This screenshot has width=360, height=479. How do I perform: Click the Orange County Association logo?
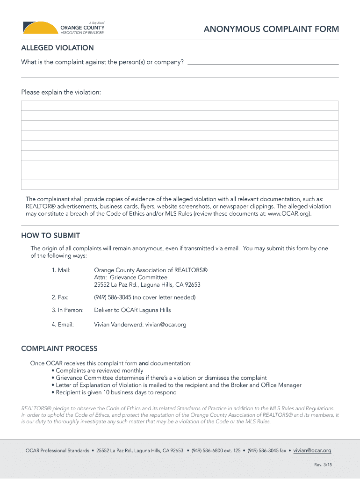pyautogui.click(x=64, y=28)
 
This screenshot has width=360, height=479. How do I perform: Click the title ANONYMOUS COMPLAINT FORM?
pyautogui.click(x=271, y=29)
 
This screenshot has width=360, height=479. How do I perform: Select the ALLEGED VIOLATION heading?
pyautogui.click(x=58, y=48)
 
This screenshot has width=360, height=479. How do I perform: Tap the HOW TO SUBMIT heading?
pyautogui.click(x=50, y=235)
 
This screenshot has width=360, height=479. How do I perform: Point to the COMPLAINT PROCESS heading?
pyautogui.click(x=59, y=348)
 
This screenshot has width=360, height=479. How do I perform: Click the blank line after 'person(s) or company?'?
pyautogui.click(x=262, y=63)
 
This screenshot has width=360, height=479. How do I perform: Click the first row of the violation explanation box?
pyautogui.click(x=180, y=106)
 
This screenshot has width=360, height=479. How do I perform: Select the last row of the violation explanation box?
pyautogui.click(x=180, y=185)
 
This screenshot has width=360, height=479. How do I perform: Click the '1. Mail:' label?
pyautogui.click(x=61, y=270)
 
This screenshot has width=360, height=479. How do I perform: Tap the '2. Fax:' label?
pyautogui.click(x=60, y=297)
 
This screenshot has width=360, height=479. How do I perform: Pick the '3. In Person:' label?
pyautogui.click(x=68, y=310)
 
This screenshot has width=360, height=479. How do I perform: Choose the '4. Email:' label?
pyautogui.click(x=63, y=325)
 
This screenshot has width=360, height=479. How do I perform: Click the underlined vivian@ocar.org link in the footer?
pyautogui.click(x=312, y=450)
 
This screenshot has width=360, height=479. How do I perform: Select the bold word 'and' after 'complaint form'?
pyautogui.click(x=144, y=363)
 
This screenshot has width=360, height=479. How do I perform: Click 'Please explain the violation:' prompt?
pyautogui.click(x=61, y=92)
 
